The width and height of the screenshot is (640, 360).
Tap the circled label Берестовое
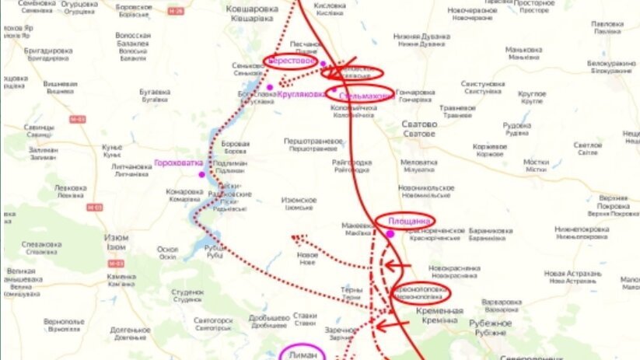[291, 60]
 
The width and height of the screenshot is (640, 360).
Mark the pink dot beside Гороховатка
[202, 174]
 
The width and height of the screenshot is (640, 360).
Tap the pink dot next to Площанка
[390, 233]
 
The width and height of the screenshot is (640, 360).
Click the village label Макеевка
[358, 225]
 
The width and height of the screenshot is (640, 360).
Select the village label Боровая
[236, 143]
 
